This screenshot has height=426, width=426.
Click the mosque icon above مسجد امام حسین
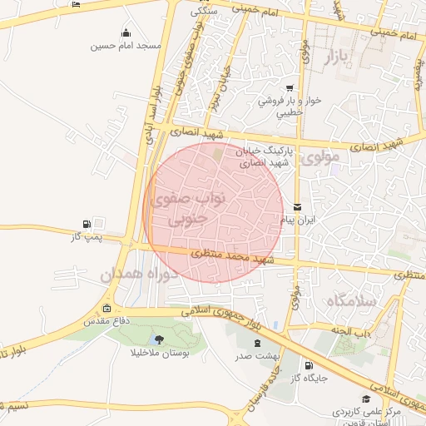pos(126,33)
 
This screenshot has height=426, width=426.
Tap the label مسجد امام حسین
pos(126,45)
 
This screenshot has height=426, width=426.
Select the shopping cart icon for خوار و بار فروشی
pos(289,88)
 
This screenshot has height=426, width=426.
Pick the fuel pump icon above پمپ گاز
pos(87,225)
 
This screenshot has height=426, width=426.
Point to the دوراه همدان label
pos(135,274)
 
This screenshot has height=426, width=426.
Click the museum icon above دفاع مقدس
pos(107,310)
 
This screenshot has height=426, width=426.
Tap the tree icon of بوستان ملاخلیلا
pos(157,339)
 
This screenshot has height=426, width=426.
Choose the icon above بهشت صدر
pos(256,342)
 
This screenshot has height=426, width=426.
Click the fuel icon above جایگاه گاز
pos(310,364)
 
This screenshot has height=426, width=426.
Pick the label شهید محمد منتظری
pos(236,258)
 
